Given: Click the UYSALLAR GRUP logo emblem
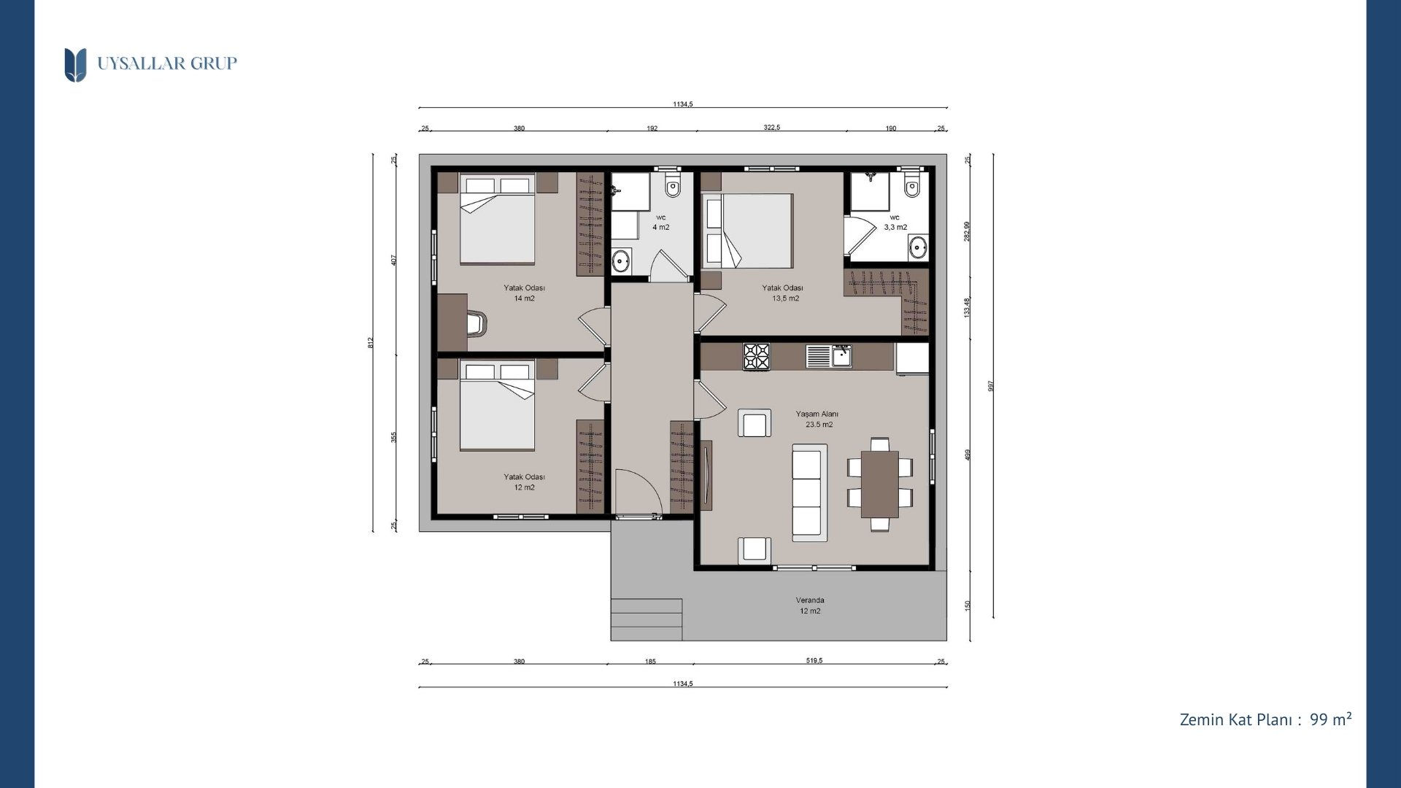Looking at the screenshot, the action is pos(75,65).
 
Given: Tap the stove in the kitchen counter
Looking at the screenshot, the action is pos(757,357).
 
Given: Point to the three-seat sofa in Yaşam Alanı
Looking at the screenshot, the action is pos(809,492).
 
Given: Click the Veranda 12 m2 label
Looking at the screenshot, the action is pos(810,606).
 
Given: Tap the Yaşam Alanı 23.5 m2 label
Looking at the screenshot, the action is pos(817,419).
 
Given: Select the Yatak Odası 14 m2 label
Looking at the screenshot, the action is pos(524,293).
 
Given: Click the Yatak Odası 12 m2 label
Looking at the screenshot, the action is pos(524,482).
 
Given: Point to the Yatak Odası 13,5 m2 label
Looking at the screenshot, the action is pos(783,293).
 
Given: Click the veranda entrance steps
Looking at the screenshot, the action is pos(647,619).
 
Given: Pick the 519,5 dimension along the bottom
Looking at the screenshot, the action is pos(814,661).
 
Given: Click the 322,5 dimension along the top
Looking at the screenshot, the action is pos(772,128).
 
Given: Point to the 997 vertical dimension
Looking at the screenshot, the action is pos(991,386).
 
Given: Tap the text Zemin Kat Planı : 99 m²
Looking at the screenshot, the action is pos(1265,719).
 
